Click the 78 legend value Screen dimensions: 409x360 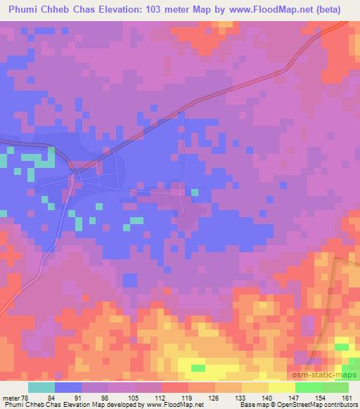tap(27, 379)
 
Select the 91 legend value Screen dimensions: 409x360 tap(86, 379)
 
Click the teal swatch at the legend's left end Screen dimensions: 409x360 tap(41, 388)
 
